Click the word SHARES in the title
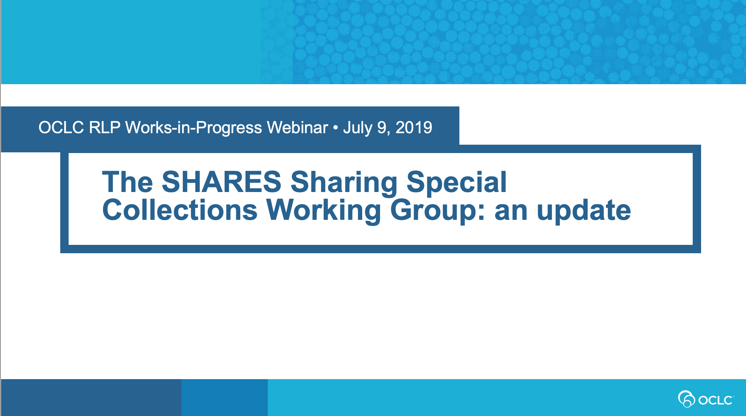[x=222, y=182]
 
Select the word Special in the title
[x=457, y=184]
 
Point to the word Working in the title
[x=324, y=212]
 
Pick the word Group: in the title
[x=437, y=212]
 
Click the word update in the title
[x=584, y=212]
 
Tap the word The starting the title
[x=127, y=182]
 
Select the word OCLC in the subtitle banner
[x=61, y=128]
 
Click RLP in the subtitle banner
[x=105, y=128]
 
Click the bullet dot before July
[x=336, y=128]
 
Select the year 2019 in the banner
[x=414, y=128]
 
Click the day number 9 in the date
[x=382, y=128]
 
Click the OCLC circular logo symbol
[x=686, y=399]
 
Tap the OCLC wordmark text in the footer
[x=715, y=400]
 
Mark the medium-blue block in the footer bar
[x=225, y=397]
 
